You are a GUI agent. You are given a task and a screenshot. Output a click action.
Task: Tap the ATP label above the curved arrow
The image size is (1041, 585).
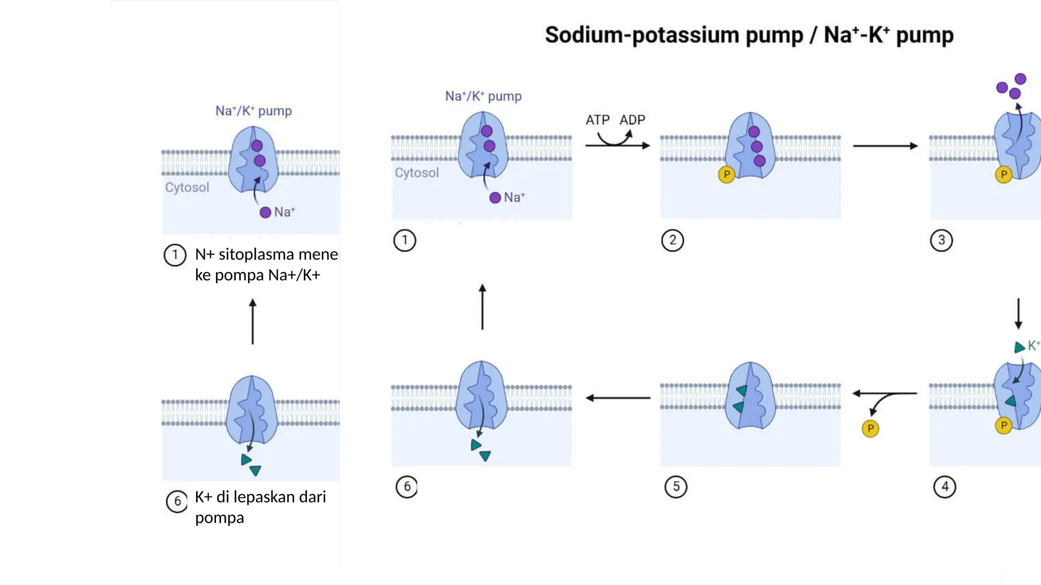pyautogui.click(x=597, y=120)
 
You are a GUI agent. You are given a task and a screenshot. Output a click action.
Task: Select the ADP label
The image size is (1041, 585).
pyautogui.click(x=632, y=120)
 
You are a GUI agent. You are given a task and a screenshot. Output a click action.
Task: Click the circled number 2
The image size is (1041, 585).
pyautogui.click(x=672, y=240)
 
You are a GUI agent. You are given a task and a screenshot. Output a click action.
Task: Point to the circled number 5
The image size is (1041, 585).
pyautogui.click(x=676, y=486)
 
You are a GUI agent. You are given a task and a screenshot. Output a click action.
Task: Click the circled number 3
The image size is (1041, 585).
pyautogui.click(x=941, y=240)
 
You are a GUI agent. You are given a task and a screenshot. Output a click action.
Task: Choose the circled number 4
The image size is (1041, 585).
pyautogui.click(x=944, y=486)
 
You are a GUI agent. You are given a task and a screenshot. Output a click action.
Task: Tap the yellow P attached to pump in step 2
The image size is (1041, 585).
pyautogui.click(x=726, y=175)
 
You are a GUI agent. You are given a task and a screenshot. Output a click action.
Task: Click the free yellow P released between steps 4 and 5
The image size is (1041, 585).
pyautogui.click(x=870, y=429)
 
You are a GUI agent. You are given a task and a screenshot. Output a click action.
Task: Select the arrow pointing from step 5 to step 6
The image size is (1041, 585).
pyautogui.click(x=618, y=398)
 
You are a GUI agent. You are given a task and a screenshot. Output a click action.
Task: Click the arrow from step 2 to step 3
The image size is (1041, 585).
pyautogui.click(x=885, y=146)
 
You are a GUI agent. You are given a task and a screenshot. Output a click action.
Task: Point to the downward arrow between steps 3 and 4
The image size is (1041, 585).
pyautogui.click(x=1018, y=314)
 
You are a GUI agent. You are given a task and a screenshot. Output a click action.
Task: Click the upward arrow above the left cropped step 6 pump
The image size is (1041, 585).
pyautogui.click(x=253, y=321)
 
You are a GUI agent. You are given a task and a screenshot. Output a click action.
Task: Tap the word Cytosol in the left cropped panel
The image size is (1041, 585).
pyautogui.click(x=187, y=187)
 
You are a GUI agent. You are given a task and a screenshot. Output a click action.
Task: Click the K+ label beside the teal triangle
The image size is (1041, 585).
pyautogui.click(x=1033, y=346)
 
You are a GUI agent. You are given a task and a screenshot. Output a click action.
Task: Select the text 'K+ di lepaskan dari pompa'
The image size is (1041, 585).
pyautogui.click(x=260, y=507)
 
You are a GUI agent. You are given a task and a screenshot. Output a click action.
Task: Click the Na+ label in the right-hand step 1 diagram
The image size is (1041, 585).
pyautogui.click(x=514, y=198)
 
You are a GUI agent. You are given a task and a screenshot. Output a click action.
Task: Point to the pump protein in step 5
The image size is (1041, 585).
pyautogui.click(x=750, y=396)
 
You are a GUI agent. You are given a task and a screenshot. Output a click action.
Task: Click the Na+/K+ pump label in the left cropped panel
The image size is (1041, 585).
pyautogui.click(x=253, y=111)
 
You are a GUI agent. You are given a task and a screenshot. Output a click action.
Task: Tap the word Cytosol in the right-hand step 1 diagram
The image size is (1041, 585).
pyautogui.click(x=416, y=173)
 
